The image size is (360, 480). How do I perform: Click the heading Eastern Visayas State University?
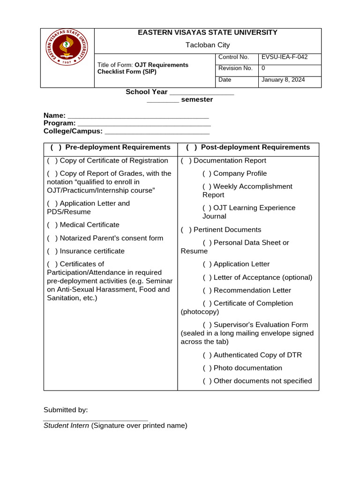[x=207, y=32]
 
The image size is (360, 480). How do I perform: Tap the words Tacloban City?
[x=208, y=45]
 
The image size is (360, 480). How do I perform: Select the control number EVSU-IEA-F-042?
[x=285, y=57]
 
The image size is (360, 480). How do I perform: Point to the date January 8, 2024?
[x=283, y=80]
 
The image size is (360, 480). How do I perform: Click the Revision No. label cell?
[x=235, y=68]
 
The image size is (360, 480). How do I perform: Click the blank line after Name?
[x=138, y=116]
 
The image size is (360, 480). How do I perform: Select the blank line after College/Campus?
[x=157, y=131]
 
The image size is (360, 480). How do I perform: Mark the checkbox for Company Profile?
[x=207, y=173]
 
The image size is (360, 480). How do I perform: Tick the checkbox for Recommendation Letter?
[x=207, y=291]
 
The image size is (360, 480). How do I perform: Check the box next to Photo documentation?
[x=207, y=368]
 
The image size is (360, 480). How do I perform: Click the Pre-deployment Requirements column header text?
[x=118, y=147]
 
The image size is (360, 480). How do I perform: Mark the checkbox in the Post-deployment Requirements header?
[x=191, y=147]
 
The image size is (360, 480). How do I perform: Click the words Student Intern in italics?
[x=66, y=426]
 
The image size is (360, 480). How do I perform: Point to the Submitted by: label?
[x=66, y=410]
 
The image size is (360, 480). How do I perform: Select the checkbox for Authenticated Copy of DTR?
[x=207, y=355]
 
